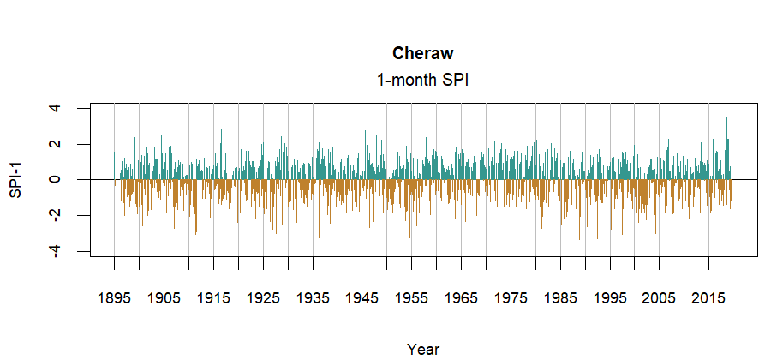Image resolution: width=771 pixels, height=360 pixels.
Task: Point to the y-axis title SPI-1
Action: (16, 179)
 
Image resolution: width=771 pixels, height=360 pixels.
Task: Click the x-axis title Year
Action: (423, 349)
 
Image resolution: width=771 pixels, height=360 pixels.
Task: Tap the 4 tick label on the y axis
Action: (54, 108)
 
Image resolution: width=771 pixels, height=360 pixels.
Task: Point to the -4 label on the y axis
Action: (54, 250)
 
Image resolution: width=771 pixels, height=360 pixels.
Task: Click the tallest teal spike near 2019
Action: (726, 120)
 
